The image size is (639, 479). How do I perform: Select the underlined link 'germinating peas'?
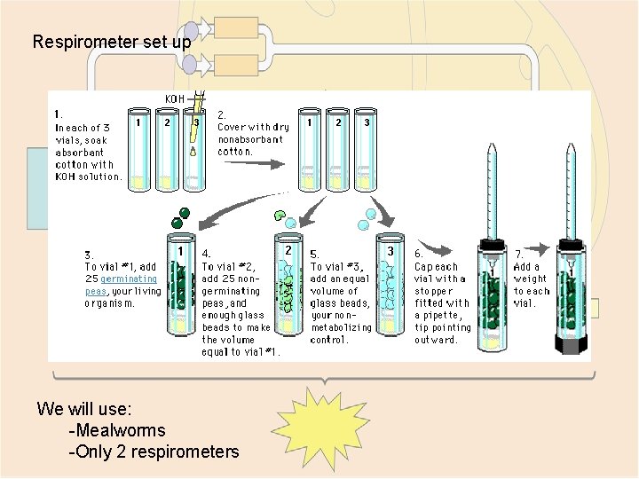[121, 285]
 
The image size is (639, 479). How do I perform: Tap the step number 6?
[419, 254]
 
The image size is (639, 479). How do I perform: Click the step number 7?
[518, 254]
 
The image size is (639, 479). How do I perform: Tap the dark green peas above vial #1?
[181, 218]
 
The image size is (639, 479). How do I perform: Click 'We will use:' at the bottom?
[84, 409]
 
